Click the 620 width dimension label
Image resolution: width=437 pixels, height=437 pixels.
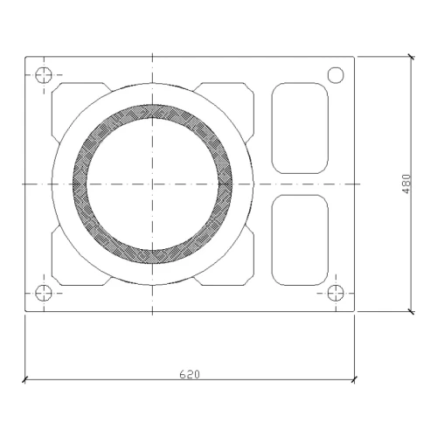pyautogui.click(x=190, y=374)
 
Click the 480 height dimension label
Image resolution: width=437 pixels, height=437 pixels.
pyautogui.click(x=406, y=184)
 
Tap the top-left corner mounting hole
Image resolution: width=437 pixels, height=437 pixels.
pyautogui.click(x=44, y=75)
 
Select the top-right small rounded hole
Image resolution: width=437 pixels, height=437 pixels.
pyautogui.click(x=336, y=75)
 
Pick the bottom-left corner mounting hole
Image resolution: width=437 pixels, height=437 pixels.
pyautogui.click(x=44, y=293)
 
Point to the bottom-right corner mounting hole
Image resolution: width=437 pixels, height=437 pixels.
pyautogui.click(x=336, y=293)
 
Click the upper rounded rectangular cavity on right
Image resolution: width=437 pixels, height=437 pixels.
pyautogui.click(x=300, y=128)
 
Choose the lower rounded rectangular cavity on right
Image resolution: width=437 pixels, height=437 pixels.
pyautogui.click(x=300, y=239)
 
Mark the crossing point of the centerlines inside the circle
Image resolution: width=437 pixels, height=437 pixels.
pyautogui.click(x=152, y=184)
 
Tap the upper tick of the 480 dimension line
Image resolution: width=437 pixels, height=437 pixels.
pyautogui.click(x=411, y=57)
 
